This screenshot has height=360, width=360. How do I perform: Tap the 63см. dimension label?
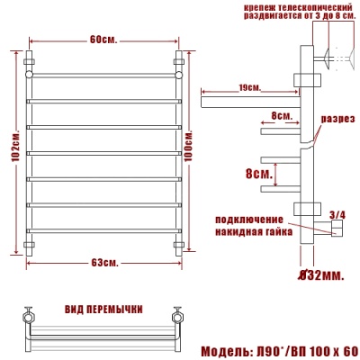coord(104,263)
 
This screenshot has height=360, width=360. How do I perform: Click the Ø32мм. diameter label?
coord(320,274)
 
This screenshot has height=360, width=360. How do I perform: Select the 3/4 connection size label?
coord(337,213)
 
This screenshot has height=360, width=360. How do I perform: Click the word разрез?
coord(338,119)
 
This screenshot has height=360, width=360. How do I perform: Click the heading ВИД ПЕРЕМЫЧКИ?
coord(103,310)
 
